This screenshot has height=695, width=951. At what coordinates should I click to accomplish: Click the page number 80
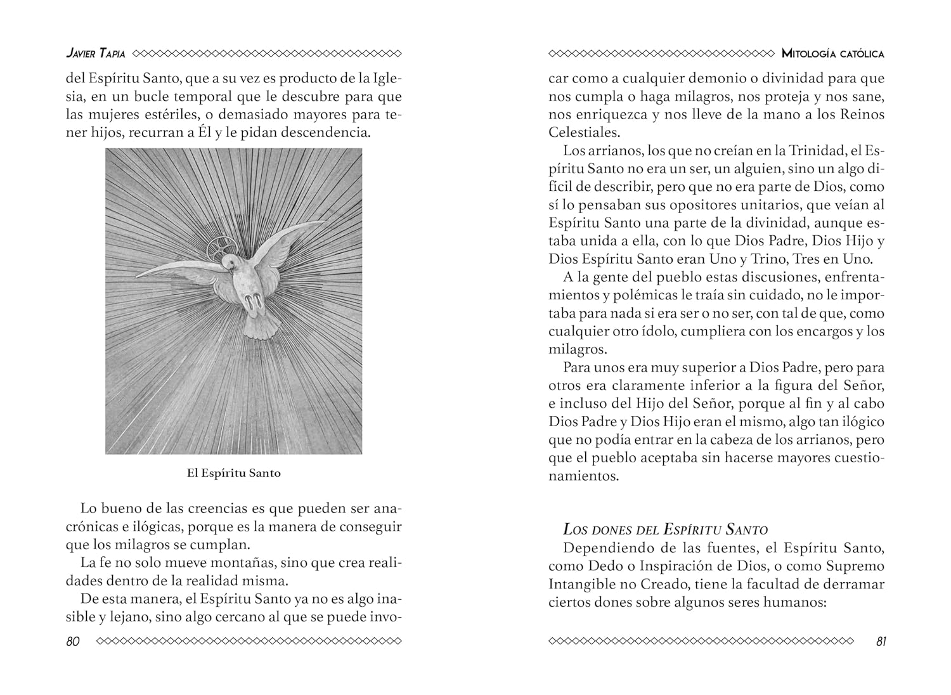pyautogui.click(x=73, y=641)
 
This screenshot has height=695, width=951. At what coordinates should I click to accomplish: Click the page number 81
pyautogui.click(x=881, y=641)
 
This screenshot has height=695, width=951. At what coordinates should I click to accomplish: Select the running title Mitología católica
pyautogui.click(x=833, y=54)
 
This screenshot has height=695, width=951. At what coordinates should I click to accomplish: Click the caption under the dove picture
pyautogui.click(x=233, y=473)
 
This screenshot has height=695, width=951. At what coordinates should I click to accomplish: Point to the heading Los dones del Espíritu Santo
pyautogui.click(x=665, y=529)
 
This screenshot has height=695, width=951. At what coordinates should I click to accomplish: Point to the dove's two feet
pyautogui.click(x=254, y=301)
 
